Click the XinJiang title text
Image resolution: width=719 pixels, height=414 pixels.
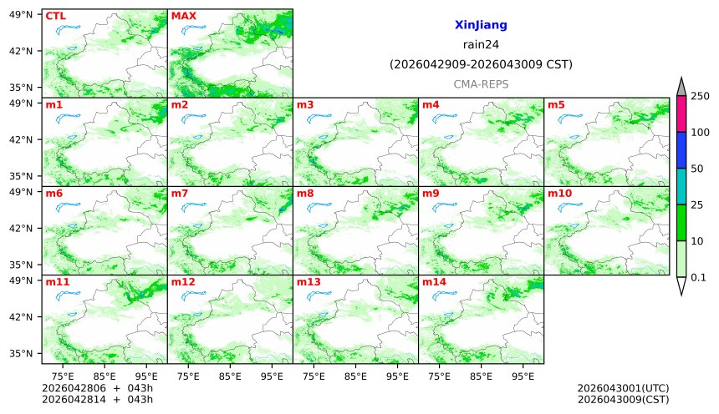click(481, 26)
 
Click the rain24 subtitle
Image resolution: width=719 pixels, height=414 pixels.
click(481, 45)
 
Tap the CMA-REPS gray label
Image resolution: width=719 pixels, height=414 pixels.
click(481, 84)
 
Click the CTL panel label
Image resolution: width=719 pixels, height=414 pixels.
click(55, 16)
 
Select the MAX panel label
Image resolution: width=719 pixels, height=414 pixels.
click(183, 16)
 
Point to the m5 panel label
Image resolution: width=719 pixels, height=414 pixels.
click(556, 104)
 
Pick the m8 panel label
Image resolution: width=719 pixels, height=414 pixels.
click(305, 194)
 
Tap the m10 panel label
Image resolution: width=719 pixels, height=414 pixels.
click(559, 194)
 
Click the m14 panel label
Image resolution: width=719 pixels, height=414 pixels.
click(434, 282)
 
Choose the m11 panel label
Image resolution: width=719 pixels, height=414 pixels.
click(57, 282)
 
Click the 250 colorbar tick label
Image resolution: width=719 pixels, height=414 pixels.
click(699, 96)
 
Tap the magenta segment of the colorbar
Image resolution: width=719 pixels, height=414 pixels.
click(681, 114)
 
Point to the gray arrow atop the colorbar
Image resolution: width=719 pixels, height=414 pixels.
click(681, 87)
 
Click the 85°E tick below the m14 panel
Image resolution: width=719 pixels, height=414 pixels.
click(481, 376)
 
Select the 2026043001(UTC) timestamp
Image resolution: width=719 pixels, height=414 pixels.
click(623, 388)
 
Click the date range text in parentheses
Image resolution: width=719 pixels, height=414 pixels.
click(481, 64)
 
